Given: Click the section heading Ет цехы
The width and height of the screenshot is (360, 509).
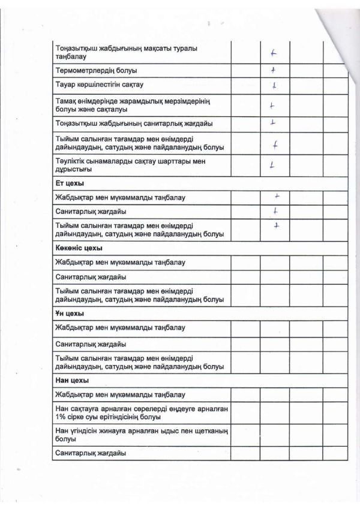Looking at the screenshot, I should (x=68, y=182).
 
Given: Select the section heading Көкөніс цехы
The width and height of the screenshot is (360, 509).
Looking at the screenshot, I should (x=78, y=248).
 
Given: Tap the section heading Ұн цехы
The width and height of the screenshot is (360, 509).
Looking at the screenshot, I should (x=68, y=314).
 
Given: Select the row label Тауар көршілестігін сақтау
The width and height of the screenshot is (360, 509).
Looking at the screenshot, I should (x=100, y=85).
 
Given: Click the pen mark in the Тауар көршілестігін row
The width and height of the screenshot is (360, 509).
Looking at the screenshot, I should (x=273, y=85).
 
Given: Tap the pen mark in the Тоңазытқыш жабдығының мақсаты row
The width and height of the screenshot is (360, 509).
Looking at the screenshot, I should (x=274, y=52).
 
